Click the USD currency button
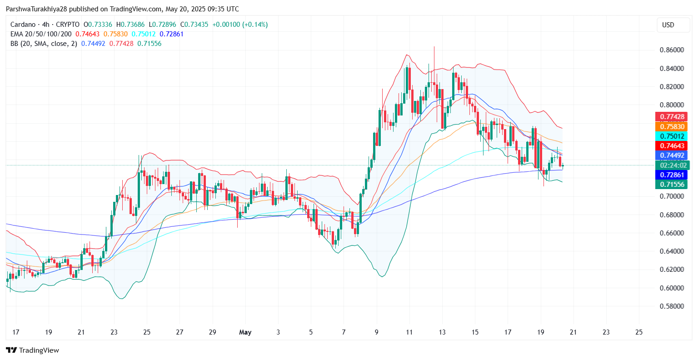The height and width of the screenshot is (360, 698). [x=668, y=25]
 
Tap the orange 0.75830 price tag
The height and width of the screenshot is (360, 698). [x=672, y=127]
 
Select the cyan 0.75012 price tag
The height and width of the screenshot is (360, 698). [x=672, y=136]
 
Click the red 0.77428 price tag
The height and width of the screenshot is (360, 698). [x=672, y=117]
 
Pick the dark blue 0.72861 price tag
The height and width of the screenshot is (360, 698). [x=672, y=175]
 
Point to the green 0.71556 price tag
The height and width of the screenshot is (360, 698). [x=672, y=185]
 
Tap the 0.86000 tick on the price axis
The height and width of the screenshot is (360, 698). [x=672, y=50]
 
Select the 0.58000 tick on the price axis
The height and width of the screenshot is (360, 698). [x=672, y=306]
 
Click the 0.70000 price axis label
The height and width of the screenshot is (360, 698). [x=672, y=196]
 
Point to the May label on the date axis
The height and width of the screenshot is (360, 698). [x=245, y=332]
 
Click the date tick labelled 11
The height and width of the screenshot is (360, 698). [x=409, y=332]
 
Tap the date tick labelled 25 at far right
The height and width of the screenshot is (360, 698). [x=639, y=332]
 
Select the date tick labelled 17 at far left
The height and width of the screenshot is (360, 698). [x=16, y=332]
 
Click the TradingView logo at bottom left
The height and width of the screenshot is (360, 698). [x=32, y=350]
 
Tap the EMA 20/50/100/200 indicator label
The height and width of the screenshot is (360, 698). [x=41, y=34]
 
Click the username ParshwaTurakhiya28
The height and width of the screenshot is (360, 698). [x=38, y=9]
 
